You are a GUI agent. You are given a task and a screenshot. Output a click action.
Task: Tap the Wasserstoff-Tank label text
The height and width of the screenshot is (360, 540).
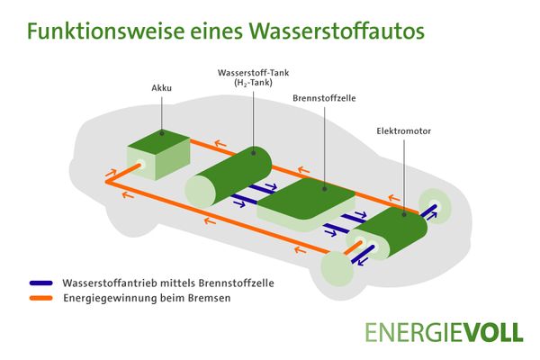pyautogui.click(x=256, y=72)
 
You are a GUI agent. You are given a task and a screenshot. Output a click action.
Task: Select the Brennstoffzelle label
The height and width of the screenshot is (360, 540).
pyautogui.click(x=323, y=94)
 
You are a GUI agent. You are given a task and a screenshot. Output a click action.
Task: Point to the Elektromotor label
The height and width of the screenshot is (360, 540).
pyautogui.click(x=403, y=130)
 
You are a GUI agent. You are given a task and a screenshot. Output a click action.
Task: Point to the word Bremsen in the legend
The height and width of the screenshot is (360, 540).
pyautogui.click(x=194, y=300)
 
